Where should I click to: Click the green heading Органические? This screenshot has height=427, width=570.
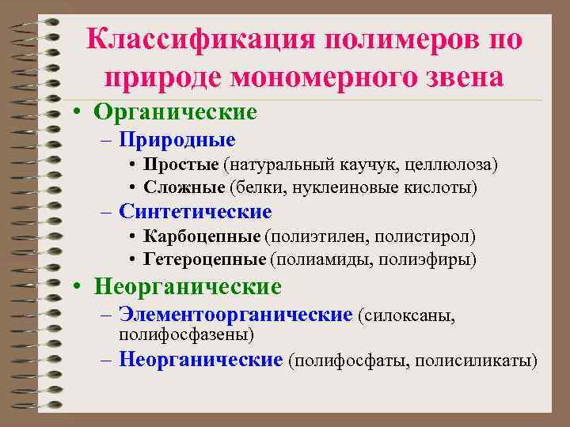coord(175,113)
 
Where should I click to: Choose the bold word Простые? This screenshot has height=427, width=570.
coord(181,164)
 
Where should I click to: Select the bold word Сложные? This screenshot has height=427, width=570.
coord(184,187)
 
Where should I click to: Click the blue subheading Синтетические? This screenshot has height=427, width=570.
coord(195,212)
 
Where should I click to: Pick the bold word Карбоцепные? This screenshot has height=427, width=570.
coord(202,236)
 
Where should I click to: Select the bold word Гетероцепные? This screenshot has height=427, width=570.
coord(205,259)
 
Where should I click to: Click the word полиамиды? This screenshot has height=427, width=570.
coord(313,259)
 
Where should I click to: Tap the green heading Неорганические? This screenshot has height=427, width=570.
coord(188,285)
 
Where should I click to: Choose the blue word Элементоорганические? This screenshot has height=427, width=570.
coord(235,315)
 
